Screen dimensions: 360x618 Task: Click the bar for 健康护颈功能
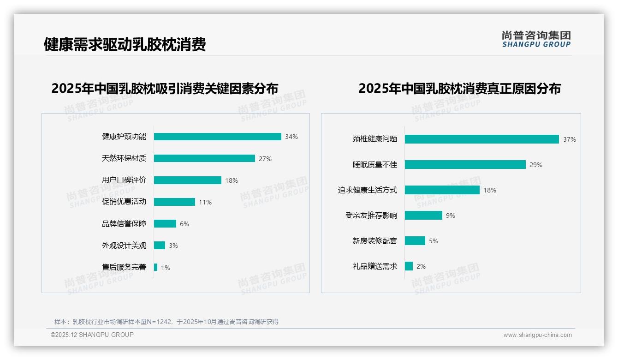coord(217,137)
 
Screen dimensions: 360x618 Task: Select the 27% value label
coord(265,159)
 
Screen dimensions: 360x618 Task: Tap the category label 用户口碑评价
coord(124,180)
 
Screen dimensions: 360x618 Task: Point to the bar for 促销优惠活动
coord(174,202)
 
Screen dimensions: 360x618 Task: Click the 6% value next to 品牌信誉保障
coord(184,224)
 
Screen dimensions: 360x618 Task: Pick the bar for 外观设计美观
coord(160,246)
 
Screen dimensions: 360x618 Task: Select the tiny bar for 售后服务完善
coord(156,267)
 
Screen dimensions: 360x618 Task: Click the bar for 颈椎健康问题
coord(481,139)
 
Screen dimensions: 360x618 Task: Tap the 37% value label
coord(569,139)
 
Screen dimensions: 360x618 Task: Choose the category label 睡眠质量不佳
coord(374,165)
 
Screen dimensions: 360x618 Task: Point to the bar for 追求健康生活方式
coord(442,190)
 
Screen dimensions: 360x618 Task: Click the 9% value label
coord(451,216)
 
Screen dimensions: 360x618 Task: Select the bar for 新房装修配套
coord(415,241)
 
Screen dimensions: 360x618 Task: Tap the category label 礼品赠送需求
coord(374,266)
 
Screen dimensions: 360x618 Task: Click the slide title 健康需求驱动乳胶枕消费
coord(125,44)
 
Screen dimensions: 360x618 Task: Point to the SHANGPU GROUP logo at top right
coord(536,39)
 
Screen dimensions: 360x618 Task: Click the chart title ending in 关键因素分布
coord(165,89)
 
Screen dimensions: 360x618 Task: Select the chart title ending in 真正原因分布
coord(459,89)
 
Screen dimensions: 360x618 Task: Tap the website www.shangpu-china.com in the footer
coord(537,335)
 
